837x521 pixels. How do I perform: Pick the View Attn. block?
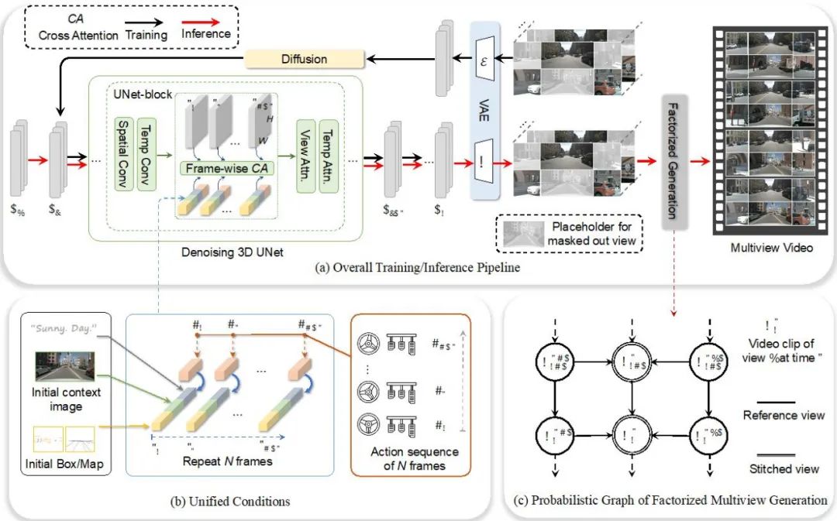[305, 154]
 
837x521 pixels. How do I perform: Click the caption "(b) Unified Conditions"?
[229, 501]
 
